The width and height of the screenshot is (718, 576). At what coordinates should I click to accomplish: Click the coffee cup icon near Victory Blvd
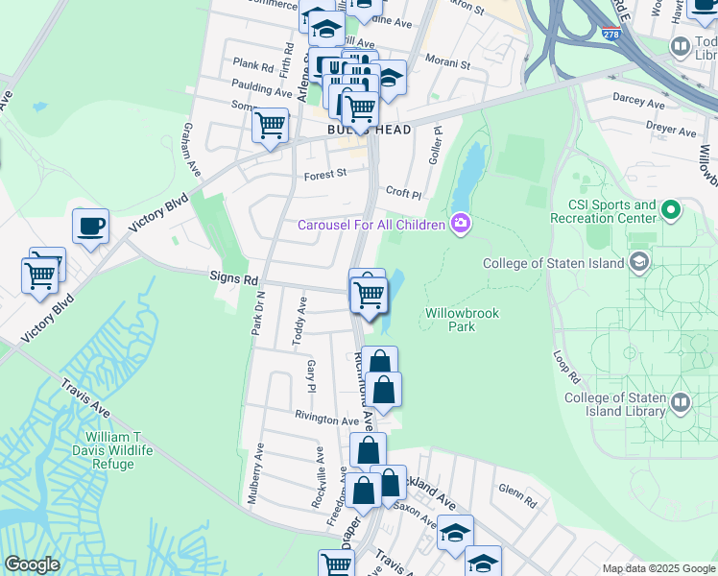(91, 227)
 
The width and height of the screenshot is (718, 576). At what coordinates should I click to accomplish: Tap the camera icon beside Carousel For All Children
(461, 224)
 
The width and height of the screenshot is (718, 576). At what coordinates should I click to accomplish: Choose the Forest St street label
(324, 175)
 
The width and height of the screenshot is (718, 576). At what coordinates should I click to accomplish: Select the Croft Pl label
(403, 194)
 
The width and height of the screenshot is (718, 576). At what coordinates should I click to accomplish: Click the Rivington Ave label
(327, 420)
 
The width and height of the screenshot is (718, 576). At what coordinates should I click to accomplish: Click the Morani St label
(449, 65)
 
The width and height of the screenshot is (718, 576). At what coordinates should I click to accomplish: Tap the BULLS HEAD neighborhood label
(369, 130)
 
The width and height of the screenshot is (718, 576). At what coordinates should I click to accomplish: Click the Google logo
(33, 564)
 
